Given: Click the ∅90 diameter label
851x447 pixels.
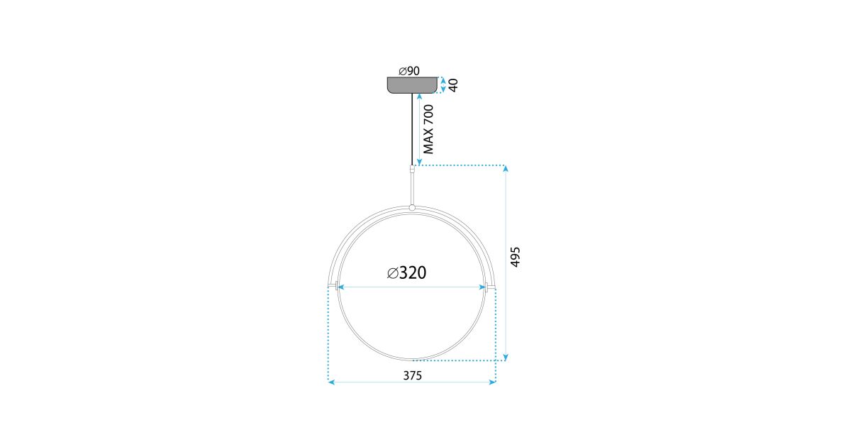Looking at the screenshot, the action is pos(409,71).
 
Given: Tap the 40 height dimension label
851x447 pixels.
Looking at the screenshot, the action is pos(453,85).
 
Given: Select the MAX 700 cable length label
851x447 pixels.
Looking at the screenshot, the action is pos(428,129).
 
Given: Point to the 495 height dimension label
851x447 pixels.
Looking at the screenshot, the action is pos(515,257).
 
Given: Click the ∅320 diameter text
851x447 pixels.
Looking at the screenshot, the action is pos(406,273).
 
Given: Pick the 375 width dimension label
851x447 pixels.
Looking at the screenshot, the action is pos(412,375).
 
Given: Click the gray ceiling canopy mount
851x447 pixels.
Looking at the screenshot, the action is pos(412,84).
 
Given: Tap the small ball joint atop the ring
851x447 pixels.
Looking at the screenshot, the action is pos(412,208).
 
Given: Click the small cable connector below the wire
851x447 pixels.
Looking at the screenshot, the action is pos(412,169).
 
